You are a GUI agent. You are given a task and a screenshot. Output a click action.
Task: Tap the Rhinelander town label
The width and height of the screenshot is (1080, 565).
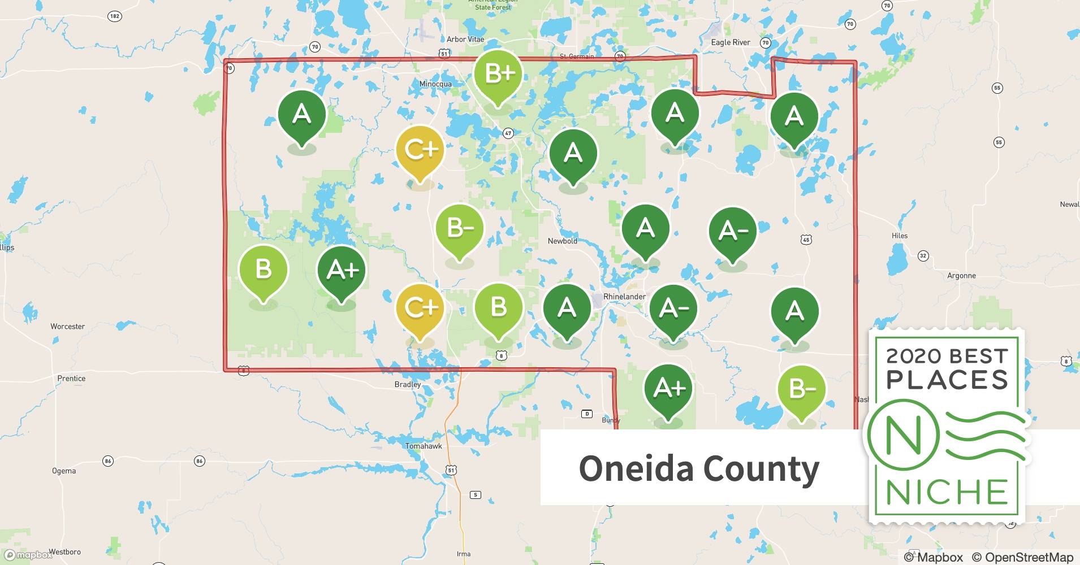coord(624,297)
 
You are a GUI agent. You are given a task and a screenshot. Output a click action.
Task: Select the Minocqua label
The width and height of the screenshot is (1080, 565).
coord(435,84)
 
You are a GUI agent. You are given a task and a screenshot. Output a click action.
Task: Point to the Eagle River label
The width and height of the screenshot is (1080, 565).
coord(730,42)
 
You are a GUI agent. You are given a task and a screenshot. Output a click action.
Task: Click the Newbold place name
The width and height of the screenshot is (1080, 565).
coord(562,241)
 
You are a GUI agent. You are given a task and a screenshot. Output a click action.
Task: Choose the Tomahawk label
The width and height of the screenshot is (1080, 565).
coord(424,446)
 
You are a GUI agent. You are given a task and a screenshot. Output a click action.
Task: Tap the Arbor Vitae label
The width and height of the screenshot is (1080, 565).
coord(465,40)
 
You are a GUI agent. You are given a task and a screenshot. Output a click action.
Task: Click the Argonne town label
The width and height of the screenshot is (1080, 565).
coord(961,276)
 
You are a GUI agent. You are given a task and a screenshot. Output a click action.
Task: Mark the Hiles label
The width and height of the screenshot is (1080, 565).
coord(899,236)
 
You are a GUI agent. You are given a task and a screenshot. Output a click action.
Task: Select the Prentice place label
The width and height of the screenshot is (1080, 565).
coord(71,379)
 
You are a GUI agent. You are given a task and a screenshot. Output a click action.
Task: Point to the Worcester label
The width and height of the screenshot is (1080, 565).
coord(67,327)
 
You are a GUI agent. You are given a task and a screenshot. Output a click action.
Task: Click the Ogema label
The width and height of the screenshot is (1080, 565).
coord(64,471)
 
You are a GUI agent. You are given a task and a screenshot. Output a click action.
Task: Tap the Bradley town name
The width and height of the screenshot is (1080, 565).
coord(408,384)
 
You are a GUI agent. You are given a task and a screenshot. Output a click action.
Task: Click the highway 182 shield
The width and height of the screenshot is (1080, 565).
coord(115,16)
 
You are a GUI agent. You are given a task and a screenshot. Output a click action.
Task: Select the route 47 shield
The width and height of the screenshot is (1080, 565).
coord(508,133)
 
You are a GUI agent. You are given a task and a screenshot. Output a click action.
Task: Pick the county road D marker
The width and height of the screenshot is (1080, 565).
coord(587,414)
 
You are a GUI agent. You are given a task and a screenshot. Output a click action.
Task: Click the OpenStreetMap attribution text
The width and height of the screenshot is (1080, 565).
coord(1022,557)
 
